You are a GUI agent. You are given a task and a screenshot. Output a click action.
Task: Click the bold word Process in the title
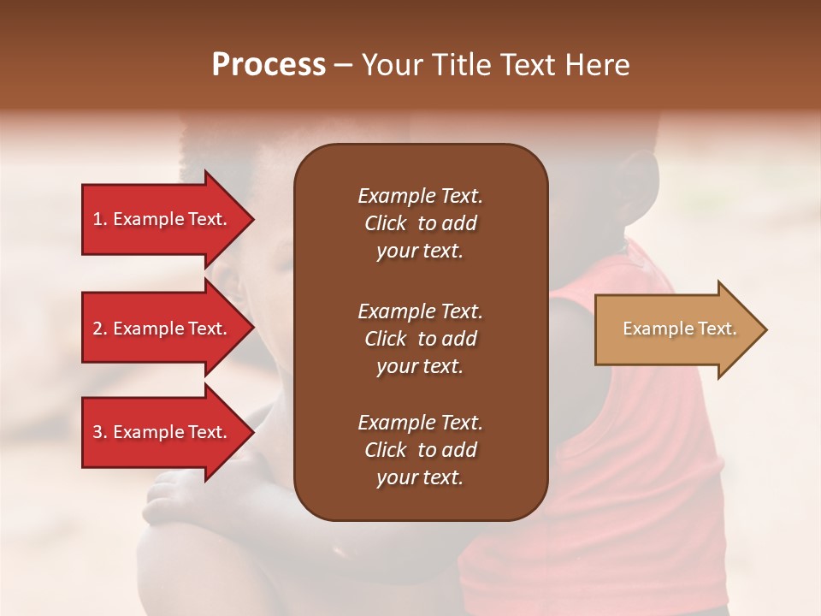click(269, 65)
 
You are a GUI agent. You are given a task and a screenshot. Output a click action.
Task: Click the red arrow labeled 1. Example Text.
click(161, 219)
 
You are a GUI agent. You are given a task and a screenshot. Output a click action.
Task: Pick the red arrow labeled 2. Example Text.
click(161, 329)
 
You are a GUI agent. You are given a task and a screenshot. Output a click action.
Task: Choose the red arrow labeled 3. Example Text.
click(161, 432)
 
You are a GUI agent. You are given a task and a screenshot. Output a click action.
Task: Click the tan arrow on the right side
click(676, 329)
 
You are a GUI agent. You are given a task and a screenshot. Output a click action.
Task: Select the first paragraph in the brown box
click(420, 223)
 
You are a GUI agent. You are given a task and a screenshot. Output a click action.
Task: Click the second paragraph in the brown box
click(420, 339)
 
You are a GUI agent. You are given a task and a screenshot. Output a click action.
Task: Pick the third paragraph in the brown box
click(420, 450)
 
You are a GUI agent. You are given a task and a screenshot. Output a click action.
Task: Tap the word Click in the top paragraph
click(386, 223)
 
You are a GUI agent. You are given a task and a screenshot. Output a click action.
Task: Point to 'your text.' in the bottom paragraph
click(420, 477)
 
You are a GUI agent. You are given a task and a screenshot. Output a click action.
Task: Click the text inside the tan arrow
click(679, 329)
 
